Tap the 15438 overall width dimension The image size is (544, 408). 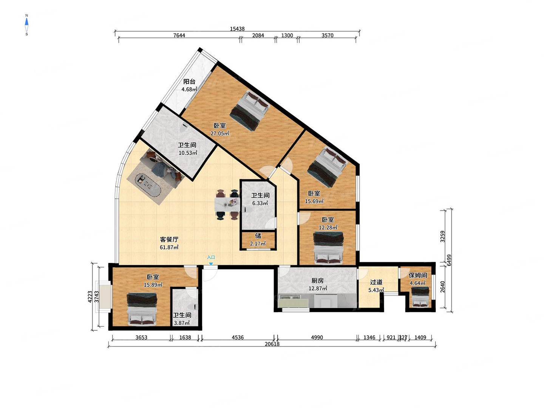click(237, 29)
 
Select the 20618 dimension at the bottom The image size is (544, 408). click(272, 344)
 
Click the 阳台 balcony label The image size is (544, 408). click(189, 82)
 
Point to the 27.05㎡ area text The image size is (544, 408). click(219, 133)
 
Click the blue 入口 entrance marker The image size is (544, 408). click(211, 260)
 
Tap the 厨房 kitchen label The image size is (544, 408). click(317, 281)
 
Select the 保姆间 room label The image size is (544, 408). click(418, 275)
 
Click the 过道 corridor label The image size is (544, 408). click(376, 282)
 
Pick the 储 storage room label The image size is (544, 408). click(258, 236)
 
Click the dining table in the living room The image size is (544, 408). click(227, 204)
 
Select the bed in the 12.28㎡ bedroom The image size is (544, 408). click(328, 247)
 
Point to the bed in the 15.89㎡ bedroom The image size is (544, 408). click(142, 309)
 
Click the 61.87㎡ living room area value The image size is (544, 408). click(169, 247)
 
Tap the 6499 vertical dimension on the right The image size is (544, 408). click(449, 260)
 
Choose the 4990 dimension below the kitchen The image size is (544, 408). click(317, 337)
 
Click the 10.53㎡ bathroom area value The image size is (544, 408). click(188, 153)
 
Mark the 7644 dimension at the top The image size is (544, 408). click(179, 36)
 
